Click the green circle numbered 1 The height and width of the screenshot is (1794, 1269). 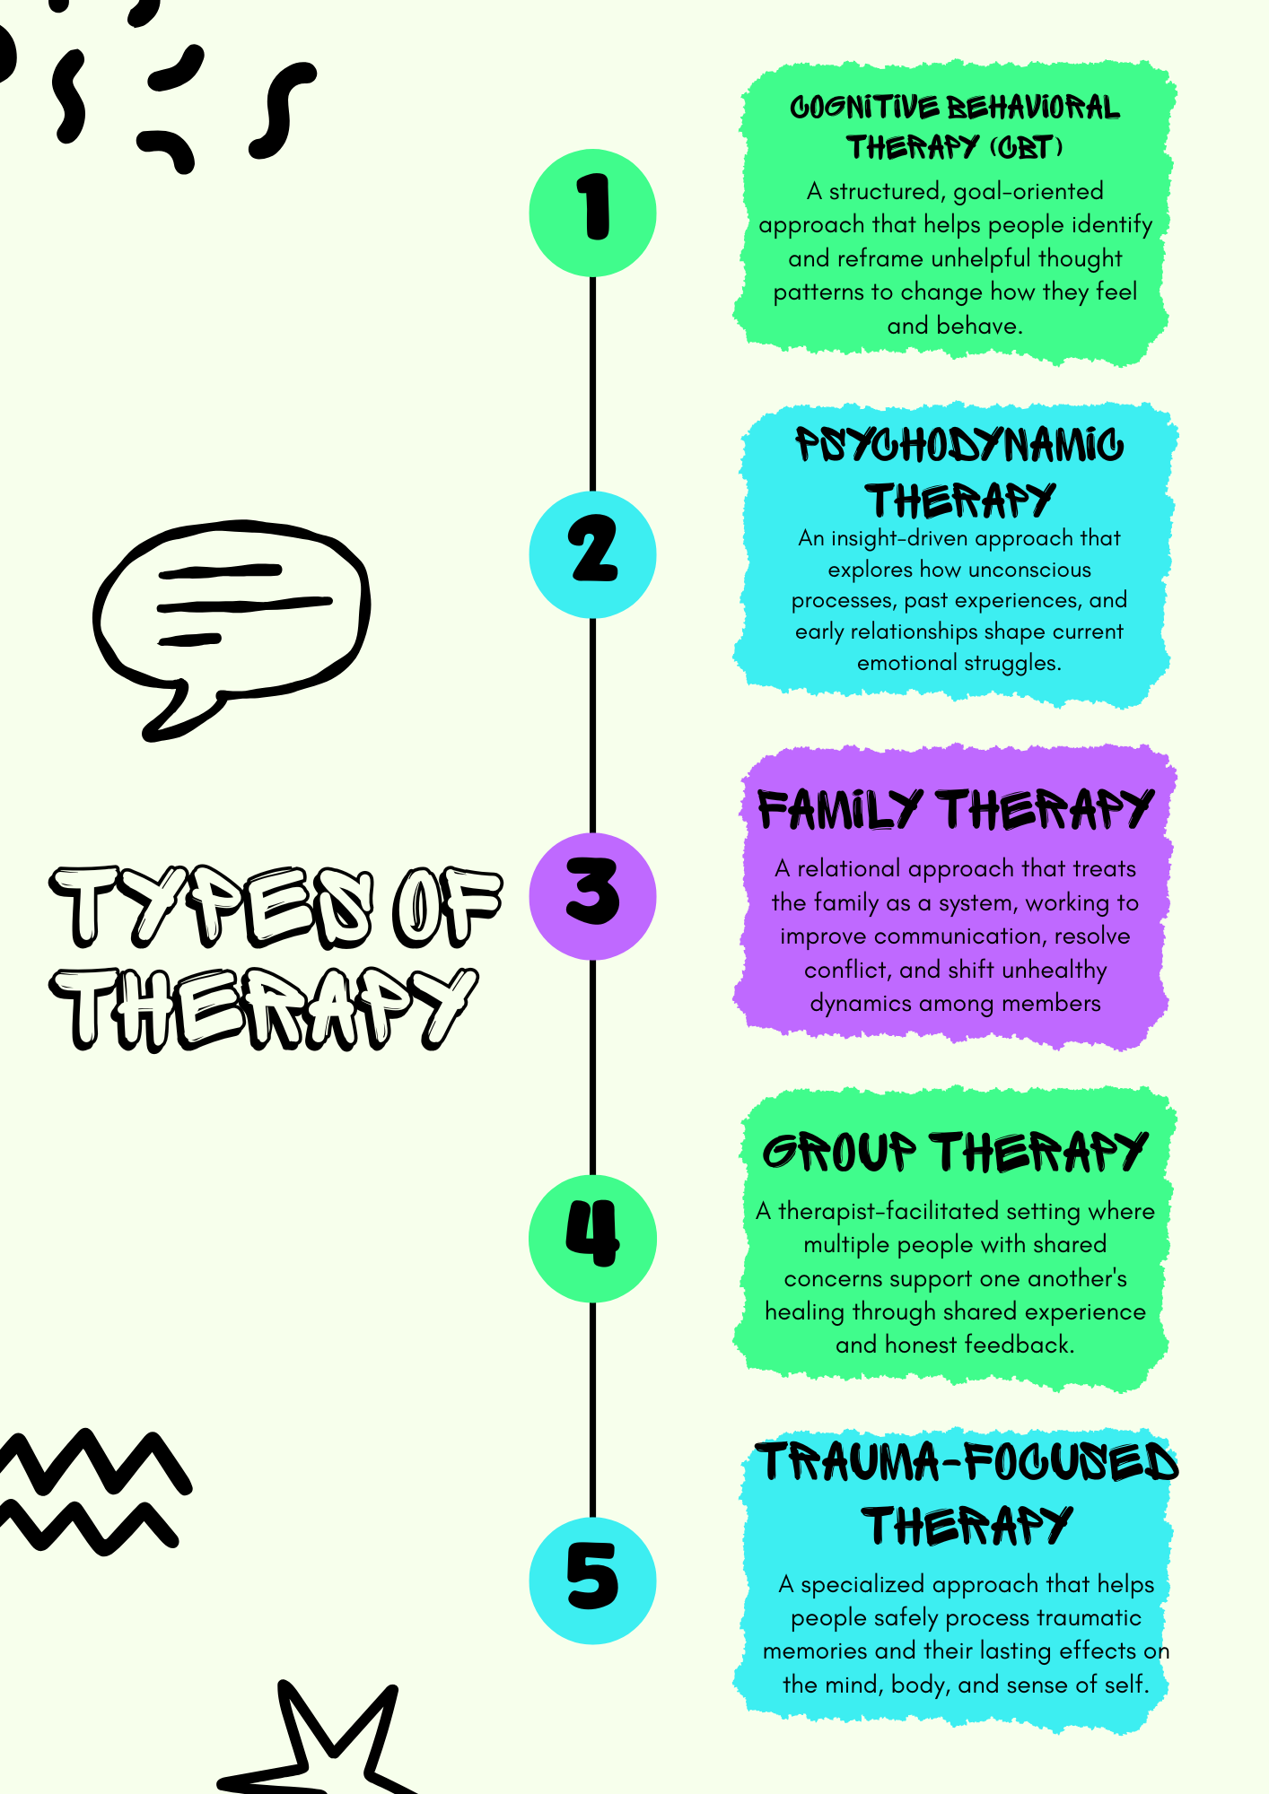[x=592, y=213]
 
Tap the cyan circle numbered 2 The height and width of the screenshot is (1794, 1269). [x=592, y=554]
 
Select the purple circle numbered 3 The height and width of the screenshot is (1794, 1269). [x=592, y=896]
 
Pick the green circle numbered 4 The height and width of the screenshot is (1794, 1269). [x=592, y=1238]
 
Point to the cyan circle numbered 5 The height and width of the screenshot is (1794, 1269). [x=592, y=1581]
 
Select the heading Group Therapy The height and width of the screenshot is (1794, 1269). [x=955, y=1152]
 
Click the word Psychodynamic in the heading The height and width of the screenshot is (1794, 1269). [x=958, y=446]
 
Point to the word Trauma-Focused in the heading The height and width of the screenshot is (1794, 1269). [x=967, y=1463]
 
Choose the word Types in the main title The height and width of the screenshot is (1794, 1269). [x=210, y=906]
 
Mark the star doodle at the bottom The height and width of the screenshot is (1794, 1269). [x=323, y=1749]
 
